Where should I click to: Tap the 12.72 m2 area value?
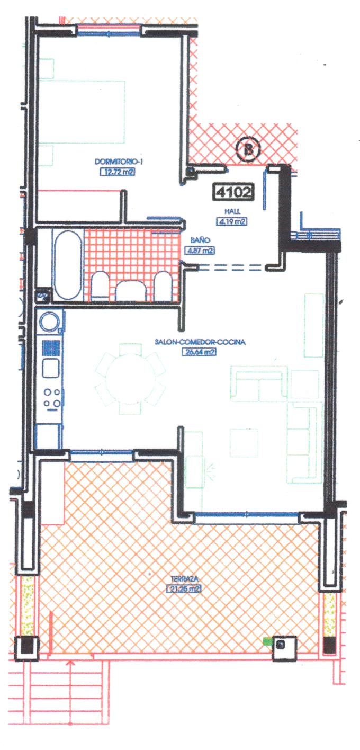click(x=116, y=171)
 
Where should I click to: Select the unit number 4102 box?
click(x=232, y=191)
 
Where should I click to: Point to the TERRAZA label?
click(x=183, y=579)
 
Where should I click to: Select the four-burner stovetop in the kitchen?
click(x=51, y=397)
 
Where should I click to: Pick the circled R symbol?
click(x=249, y=149)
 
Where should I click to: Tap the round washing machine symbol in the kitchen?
click(x=50, y=322)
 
